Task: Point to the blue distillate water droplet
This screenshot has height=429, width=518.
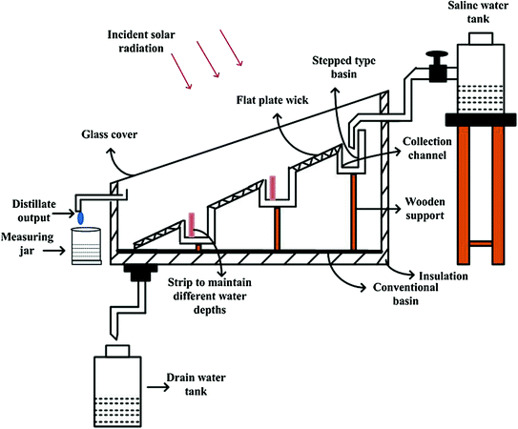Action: (x=81, y=218)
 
